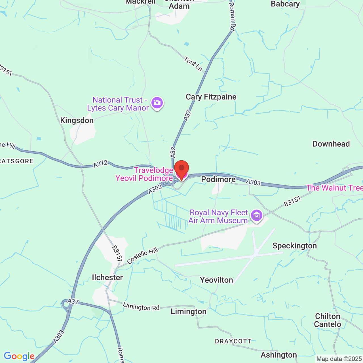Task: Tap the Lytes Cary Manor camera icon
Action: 157,103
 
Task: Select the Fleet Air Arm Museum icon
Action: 256,216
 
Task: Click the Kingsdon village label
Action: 77,121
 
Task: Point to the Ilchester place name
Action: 107,277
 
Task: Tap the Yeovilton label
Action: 216,280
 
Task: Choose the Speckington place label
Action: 295,246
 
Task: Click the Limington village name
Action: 189,312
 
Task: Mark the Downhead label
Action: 331,144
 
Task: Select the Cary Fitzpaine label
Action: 211,97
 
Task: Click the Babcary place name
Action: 285,4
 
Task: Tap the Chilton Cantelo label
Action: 328,320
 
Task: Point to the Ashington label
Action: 279,355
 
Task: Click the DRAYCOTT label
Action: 233,341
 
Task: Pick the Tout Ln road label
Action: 193,64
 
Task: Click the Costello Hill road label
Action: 142,256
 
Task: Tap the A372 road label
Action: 101,164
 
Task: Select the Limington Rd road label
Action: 141,307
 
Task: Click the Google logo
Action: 19,356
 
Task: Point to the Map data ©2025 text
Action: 339,359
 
